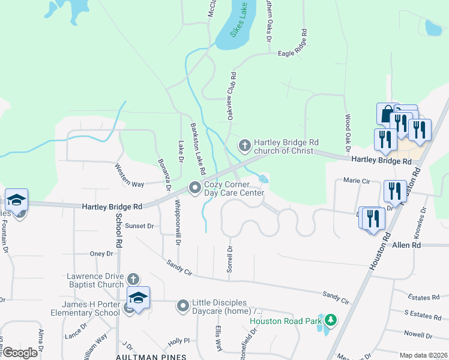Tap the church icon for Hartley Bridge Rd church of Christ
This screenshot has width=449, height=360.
coord(244,145)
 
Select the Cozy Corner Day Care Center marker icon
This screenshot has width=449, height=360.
coord(195,188)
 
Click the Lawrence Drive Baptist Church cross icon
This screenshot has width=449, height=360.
coord(133,279)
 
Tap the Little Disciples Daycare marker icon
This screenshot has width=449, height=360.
coord(182,307)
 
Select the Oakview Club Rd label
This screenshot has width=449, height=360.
coord(231,96)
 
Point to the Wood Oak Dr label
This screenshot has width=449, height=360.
coord(347,133)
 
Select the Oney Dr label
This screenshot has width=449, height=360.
coord(97,254)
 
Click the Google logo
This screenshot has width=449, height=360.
coord(20,353)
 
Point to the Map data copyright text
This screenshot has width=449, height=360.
coord(423,355)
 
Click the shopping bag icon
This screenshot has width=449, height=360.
coord(386,113)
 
